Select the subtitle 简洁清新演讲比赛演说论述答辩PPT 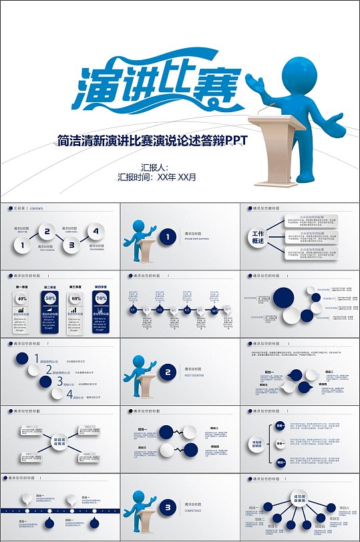pyautogui.click(x=153, y=140)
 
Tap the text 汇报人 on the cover pyautogui.click(x=154, y=168)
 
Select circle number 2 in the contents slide pyautogui.click(x=46, y=232)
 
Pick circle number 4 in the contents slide pyautogui.click(x=96, y=232)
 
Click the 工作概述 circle pyautogui.click(x=258, y=238)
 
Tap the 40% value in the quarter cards pyautogui.click(x=21, y=298)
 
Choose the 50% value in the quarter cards pyautogui.click(x=49, y=298)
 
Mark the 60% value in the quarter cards pyautogui.click(x=76, y=298)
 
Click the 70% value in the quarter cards pyautogui.click(x=102, y=298)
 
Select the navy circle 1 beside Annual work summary pyautogui.click(x=168, y=236)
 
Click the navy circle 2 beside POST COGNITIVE pyautogui.click(x=168, y=372)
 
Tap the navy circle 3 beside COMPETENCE pyautogui.click(x=168, y=508)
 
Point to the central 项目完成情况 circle pyautogui.click(x=59, y=442)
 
